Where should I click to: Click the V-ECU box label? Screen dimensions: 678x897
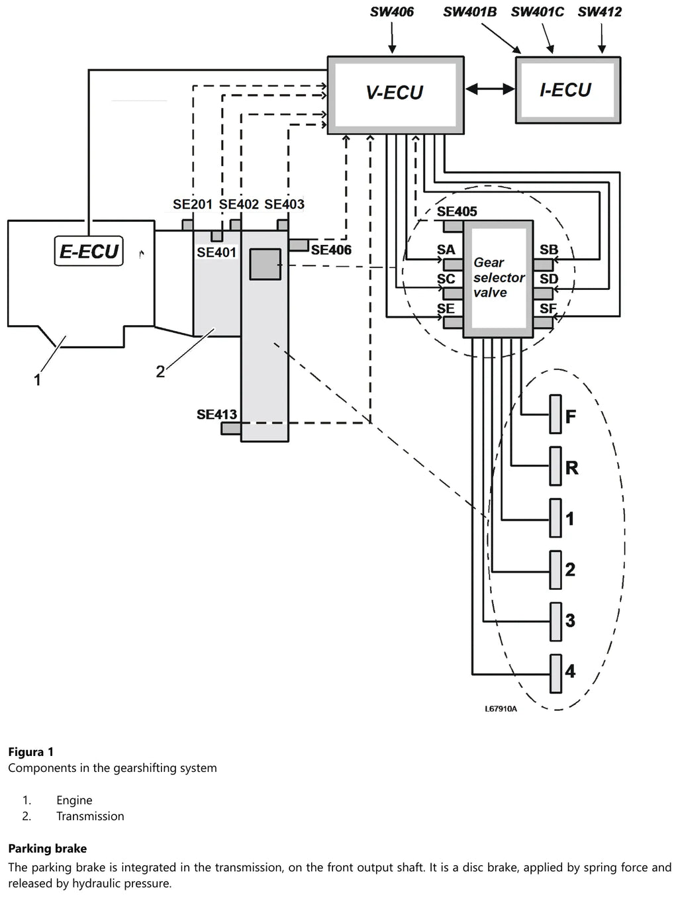point(395,93)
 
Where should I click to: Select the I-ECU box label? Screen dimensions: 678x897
point(565,90)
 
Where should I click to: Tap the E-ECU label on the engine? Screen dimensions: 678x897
point(89,251)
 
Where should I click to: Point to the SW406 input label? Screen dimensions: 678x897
point(392,12)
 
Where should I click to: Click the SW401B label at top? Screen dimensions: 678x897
point(470,12)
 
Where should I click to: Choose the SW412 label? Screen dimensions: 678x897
point(599,12)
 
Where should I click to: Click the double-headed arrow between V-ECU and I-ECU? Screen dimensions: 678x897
point(489,89)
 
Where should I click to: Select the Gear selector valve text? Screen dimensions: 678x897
point(499,277)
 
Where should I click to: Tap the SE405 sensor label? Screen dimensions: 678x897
point(457,211)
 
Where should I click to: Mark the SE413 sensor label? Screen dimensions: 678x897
point(217,414)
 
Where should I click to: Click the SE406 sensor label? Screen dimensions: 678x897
point(331,250)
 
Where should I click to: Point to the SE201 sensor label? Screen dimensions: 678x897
point(193,204)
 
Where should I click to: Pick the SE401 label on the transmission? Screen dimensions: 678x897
point(217,252)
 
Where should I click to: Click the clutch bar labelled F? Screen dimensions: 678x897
point(556,414)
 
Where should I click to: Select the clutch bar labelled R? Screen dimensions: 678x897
point(556,466)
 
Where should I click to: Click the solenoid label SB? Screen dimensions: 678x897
point(549,250)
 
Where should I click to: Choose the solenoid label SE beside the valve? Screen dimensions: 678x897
point(446,308)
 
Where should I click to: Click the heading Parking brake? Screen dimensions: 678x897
point(48,849)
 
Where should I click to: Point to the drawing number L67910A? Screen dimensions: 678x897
point(501,709)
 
